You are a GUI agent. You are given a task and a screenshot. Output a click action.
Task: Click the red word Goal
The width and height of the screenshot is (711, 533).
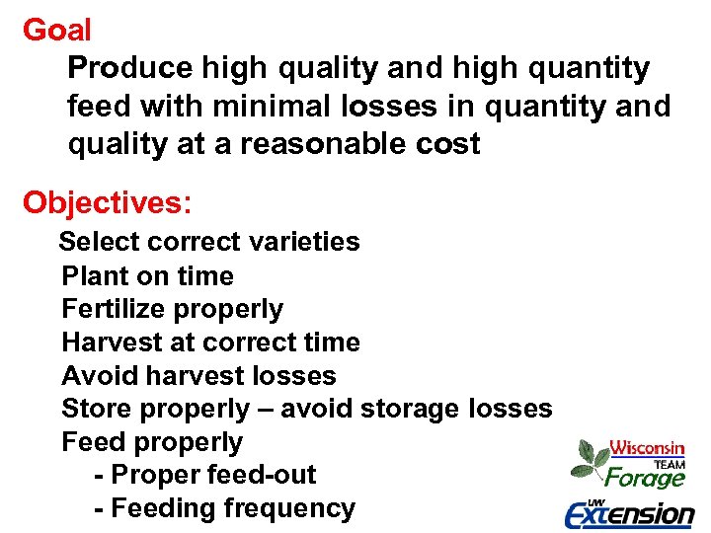tap(57, 31)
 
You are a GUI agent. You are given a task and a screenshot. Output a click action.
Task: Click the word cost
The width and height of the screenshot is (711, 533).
tap(446, 144)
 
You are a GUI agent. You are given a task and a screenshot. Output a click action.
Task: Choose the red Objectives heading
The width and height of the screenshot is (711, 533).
tap(108, 202)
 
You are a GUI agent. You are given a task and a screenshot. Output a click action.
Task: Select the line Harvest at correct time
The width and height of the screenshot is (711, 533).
tap(210, 343)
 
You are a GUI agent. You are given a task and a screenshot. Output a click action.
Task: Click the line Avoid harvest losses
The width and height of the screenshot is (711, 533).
tap(198, 376)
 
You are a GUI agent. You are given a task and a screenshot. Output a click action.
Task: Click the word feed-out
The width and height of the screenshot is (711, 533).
tap(262, 475)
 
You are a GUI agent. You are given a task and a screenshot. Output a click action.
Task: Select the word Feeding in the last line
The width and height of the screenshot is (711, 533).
tap(163, 508)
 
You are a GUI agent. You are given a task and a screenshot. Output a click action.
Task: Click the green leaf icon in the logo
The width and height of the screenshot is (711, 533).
tap(591, 459)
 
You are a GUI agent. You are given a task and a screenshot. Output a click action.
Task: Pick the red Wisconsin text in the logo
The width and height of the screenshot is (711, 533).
tap(647, 447)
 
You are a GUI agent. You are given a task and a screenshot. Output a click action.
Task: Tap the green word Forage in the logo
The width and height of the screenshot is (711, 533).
tap(645, 479)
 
